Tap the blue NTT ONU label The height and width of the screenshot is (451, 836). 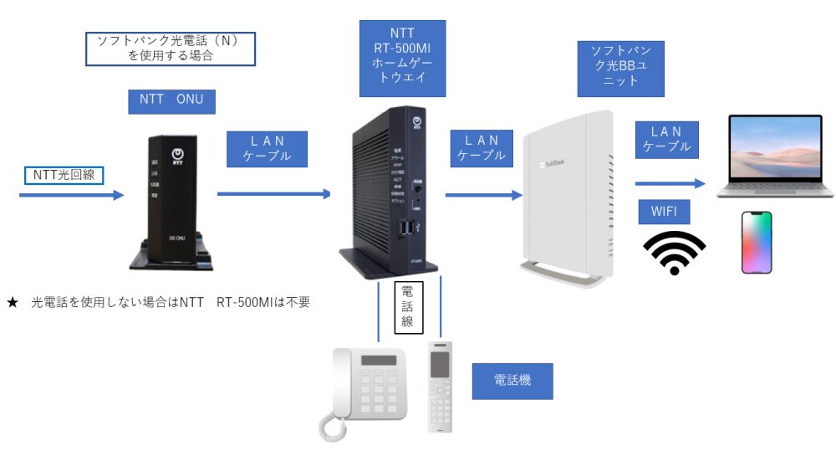[x=172, y=100]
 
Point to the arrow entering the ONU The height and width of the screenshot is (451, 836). [x=71, y=195]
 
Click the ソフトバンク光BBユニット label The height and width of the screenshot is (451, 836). [x=621, y=68]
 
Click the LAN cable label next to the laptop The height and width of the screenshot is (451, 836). [x=667, y=139]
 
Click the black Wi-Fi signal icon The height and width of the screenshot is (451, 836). [x=674, y=252]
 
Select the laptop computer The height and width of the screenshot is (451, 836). [x=776, y=156]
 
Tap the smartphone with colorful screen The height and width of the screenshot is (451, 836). [x=757, y=242]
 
